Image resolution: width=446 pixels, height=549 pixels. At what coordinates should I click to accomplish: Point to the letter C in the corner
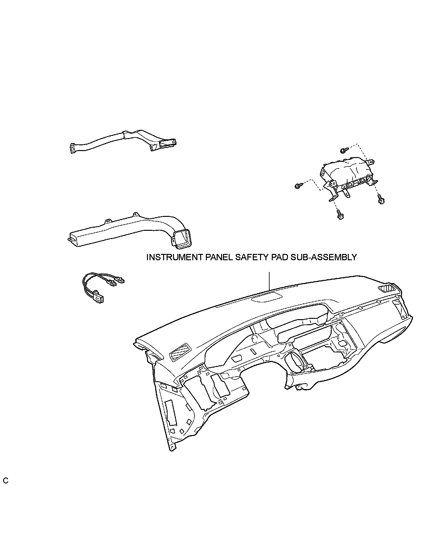pyautogui.click(x=6, y=489)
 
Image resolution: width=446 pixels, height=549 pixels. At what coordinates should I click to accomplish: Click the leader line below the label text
pyautogui.click(x=269, y=281)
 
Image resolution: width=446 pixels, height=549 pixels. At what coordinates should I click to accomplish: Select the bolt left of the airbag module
pyautogui.click(x=298, y=186)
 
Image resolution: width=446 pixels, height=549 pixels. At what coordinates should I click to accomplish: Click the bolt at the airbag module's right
pyautogui.click(x=381, y=199)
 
